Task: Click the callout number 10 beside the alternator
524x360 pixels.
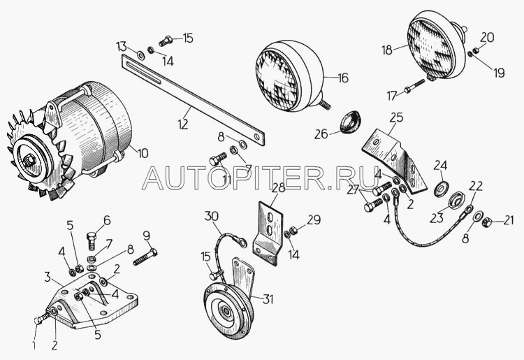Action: pyautogui.click(x=143, y=153)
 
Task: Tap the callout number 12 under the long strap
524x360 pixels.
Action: pyautogui.click(x=183, y=124)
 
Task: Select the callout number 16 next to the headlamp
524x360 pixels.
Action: pyautogui.click(x=342, y=78)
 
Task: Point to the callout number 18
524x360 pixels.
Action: pyautogui.click(x=387, y=50)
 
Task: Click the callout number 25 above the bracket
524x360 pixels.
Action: pyautogui.click(x=396, y=117)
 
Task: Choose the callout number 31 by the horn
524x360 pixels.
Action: pyautogui.click(x=268, y=299)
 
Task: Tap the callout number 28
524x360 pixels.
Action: pyautogui.click(x=278, y=188)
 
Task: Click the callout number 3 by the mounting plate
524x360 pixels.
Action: pyautogui.click(x=48, y=277)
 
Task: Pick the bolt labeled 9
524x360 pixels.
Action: pyautogui.click(x=145, y=257)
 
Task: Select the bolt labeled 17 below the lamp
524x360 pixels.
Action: pyautogui.click(x=414, y=86)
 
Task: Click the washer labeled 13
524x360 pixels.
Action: pyautogui.click(x=140, y=55)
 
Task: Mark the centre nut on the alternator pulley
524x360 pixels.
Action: pyautogui.click(x=30, y=161)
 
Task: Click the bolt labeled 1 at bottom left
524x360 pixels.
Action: pyautogui.click(x=42, y=317)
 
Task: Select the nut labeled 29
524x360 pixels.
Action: pyautogui.click(x=293, y=230)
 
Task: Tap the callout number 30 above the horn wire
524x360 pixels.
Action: pyautogui.click(x=211, y=216)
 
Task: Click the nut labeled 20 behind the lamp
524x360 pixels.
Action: pyautogui.click(x=476, y=51)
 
